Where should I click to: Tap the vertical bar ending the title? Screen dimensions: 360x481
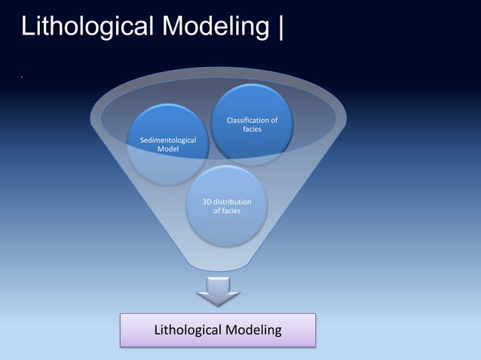pyautogui.click(x=281, y=27)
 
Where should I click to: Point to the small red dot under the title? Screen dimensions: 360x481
pyautogui.click(x=23, y=78)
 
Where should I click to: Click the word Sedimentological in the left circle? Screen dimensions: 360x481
pyautogui.click(x=168, y=140)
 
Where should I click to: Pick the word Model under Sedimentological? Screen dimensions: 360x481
pyautogui.click(x=168, y=149)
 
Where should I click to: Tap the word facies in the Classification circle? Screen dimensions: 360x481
pyautogui.click(x=252, y=130)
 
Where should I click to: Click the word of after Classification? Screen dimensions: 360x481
pyautogui.click(x=274, y=121)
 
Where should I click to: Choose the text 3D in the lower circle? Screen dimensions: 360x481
pyautogui.click(x=209, y=202)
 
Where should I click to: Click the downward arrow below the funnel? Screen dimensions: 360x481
pyautogui.click(x=219, y=291)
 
